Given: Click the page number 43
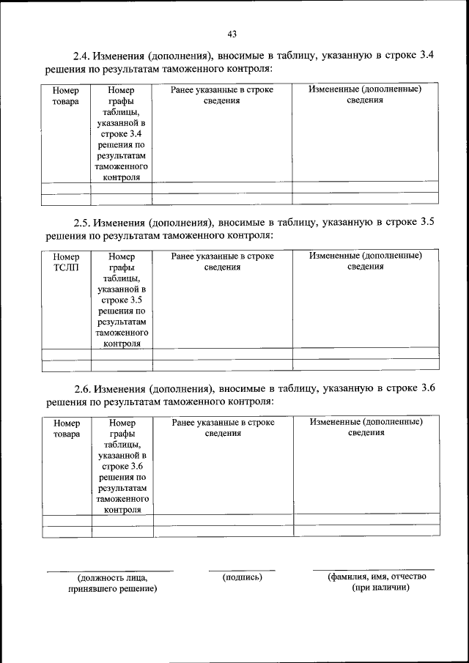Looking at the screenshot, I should point(232,34).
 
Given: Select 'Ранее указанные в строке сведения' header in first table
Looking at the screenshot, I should point(222,95).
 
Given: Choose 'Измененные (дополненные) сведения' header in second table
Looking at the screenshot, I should point(365,261).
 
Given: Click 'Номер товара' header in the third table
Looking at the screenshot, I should point(67,428).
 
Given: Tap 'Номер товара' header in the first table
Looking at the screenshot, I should point(66,95).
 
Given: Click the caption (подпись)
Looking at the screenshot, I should point(242,577).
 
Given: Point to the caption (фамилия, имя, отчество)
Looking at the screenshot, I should point(377,577).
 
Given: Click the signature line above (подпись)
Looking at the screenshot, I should point(242,569).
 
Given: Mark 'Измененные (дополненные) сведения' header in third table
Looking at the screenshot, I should point(366,427).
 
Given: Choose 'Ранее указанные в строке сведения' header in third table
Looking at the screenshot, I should point(223,427).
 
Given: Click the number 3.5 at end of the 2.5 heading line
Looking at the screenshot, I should point(428,222).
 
